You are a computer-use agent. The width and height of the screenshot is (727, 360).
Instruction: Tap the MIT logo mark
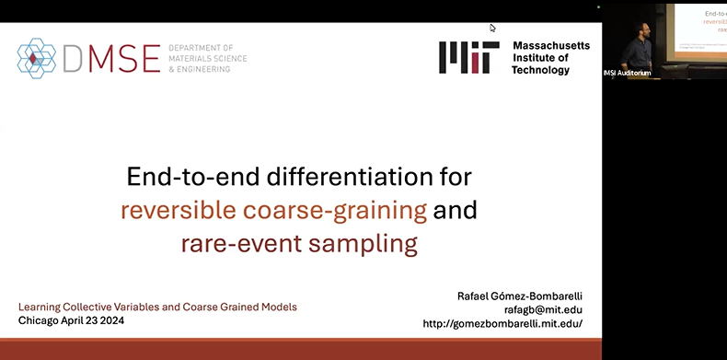click(468, 57)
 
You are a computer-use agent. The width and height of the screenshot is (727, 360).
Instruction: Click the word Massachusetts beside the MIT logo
click(551, 45)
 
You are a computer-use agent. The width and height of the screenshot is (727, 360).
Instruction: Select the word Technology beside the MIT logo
click(541, 70)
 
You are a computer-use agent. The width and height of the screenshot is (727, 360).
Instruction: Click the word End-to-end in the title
click(188, 175)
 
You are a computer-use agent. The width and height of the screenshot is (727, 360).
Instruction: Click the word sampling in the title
click(373, 244)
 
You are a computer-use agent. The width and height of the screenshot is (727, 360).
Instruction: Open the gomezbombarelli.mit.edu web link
click(502, 324)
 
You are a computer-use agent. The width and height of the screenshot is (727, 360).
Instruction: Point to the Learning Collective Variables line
click(157, 307)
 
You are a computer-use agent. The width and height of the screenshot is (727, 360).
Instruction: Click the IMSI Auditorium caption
click(634, 73)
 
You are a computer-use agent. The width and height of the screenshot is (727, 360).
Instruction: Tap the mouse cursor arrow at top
click(492, 28)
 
